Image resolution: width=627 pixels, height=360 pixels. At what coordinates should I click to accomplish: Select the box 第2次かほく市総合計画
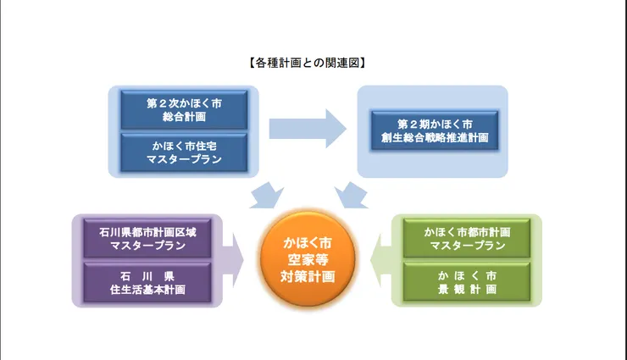(184, 110)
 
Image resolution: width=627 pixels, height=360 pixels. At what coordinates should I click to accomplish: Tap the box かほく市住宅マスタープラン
(184, 151)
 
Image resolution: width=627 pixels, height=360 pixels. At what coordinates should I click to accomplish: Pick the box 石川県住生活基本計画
(148, 283)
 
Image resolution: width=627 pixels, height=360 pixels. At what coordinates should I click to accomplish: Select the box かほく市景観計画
(467, 283)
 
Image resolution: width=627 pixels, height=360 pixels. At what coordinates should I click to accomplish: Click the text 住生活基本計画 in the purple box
(148, 291)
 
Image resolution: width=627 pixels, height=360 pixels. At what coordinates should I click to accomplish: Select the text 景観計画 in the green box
(467, 291)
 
